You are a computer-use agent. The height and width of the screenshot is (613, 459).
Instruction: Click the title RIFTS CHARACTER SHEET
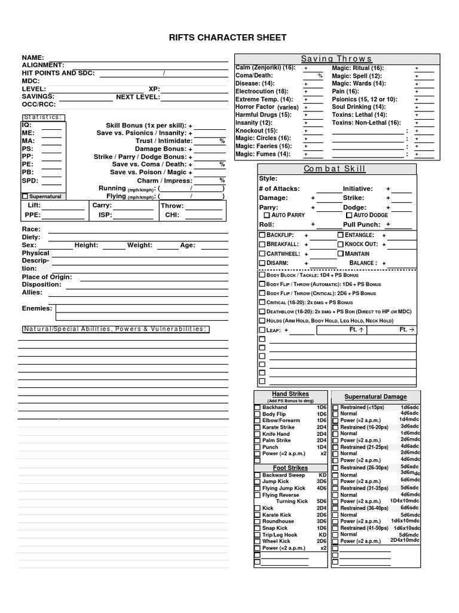click(229, 38)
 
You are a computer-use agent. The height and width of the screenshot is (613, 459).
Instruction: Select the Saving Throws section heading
click(336, 59)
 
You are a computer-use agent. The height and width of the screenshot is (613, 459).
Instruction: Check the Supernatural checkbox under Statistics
click(25, 196)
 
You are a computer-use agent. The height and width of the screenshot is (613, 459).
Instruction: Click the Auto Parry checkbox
click(267, 215)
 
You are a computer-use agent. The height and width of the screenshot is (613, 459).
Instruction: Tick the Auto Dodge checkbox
click(349, 215)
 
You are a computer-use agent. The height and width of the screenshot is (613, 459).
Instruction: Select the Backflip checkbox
click(262, 235)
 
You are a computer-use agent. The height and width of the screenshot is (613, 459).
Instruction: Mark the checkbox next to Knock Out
click(340, 244)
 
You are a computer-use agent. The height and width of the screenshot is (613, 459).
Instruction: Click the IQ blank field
click(51, 125)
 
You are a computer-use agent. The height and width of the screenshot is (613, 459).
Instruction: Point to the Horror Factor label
click(256, 107)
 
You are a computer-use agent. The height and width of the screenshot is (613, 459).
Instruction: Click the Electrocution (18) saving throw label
click(262, 92)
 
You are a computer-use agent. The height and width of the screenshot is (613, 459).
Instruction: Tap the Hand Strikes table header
click(290, 394)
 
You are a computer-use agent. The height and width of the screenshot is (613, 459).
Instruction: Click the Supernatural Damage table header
click(375, 397)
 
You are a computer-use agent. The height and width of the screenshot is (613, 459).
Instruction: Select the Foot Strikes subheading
click(290, 468)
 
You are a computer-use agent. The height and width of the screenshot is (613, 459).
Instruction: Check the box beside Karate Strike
click(258, 427)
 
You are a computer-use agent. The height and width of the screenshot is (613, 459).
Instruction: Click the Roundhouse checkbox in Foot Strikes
click(258, 521)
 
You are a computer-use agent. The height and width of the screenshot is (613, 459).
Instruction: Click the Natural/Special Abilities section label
click(115, 329)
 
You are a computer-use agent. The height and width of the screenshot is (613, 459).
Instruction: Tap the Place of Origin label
click(47, 277)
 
